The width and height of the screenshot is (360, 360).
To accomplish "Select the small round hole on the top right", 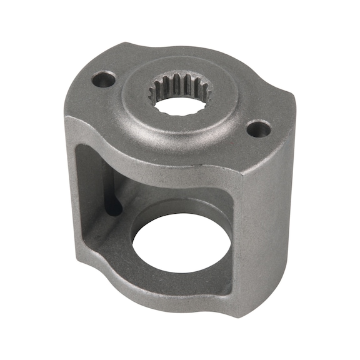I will click(x=257, y=129).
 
